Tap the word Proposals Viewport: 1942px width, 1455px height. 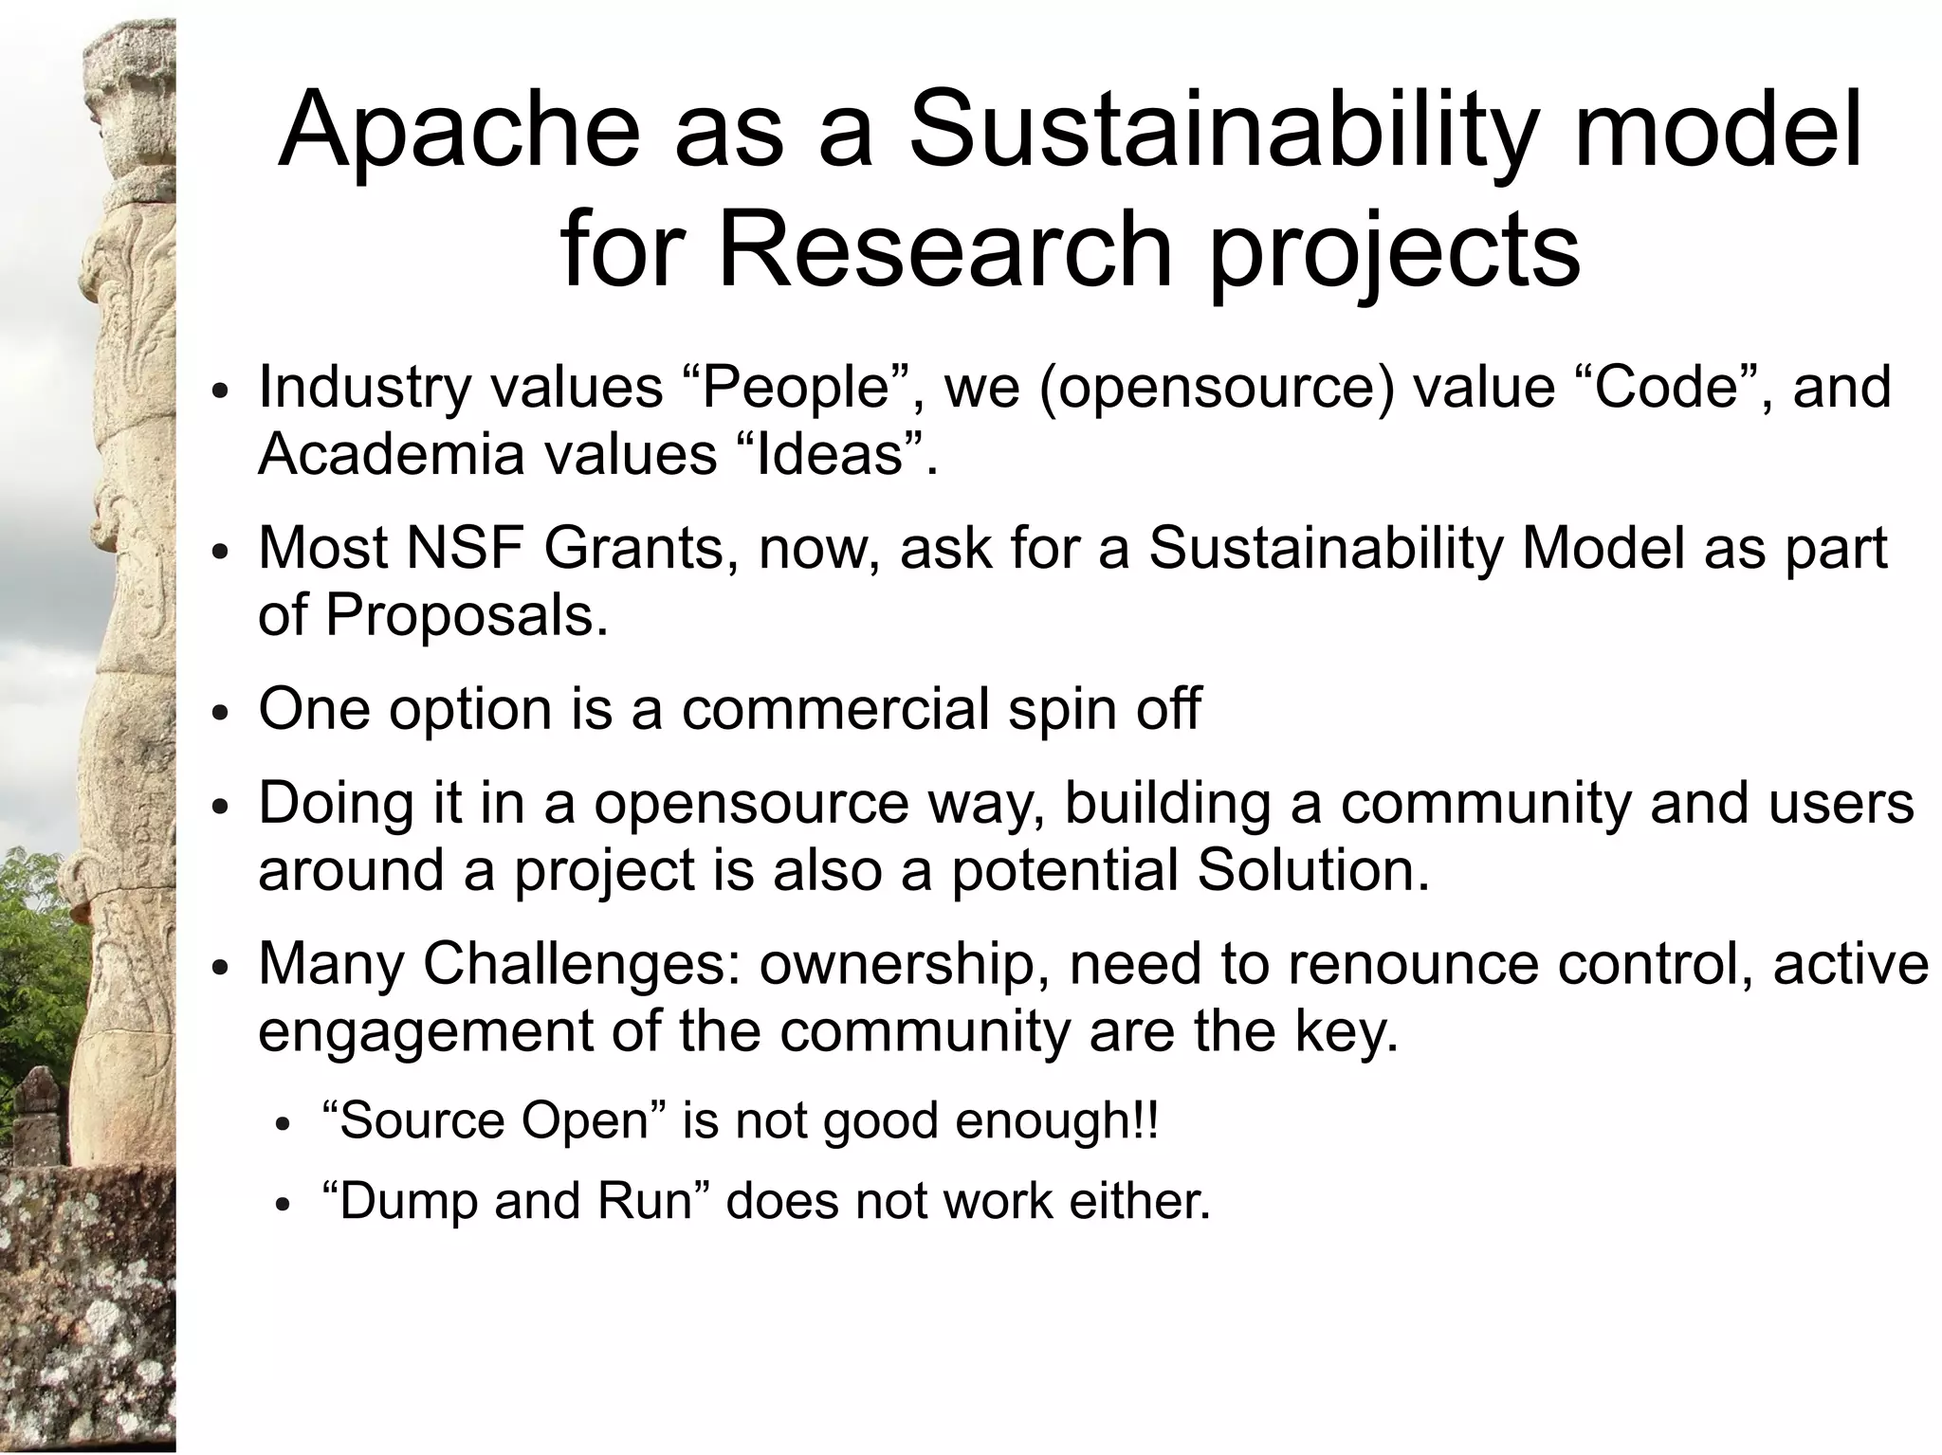(x=466, y=616)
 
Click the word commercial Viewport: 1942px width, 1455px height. (x=834, y=709)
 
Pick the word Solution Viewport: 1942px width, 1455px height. (x=1312, y=870)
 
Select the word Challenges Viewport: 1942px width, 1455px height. (x=582, y=964)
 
